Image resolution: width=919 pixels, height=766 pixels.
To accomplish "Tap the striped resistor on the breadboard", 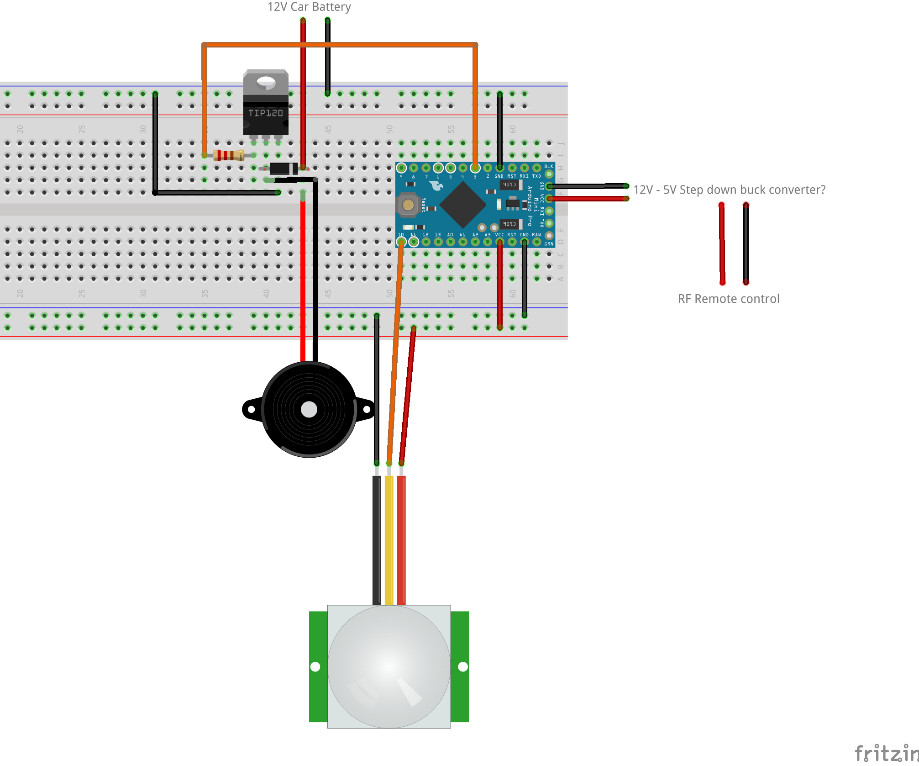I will [228, 155].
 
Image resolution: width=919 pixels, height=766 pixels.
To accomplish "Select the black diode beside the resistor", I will [284, 169].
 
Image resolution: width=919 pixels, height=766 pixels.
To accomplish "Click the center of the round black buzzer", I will [309, 409].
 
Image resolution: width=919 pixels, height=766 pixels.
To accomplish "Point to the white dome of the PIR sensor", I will [389, 666].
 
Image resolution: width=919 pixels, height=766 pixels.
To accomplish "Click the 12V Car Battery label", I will [309, 7].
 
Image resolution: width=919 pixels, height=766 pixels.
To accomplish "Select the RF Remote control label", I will [729, 299].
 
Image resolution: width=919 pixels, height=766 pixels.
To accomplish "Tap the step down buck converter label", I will [729, 190].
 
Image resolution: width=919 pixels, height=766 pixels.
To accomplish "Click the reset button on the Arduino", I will [408, 205].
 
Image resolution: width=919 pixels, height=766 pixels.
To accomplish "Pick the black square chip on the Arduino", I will [462, 205].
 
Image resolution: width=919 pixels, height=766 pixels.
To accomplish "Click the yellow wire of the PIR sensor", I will [389, 539].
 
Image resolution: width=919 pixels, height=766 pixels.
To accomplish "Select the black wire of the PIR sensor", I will [377, 539].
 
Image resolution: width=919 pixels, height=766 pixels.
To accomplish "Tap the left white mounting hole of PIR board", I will [315, 667].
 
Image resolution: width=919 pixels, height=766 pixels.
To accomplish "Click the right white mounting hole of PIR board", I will [463, 667].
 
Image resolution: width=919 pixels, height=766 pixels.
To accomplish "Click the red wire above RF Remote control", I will [722, 244].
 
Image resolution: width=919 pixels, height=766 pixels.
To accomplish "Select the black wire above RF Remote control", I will [746, 244].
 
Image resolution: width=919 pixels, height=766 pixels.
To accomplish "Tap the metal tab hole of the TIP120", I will [266, 82].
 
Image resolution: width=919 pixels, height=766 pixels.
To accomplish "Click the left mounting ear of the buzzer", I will [251, 409].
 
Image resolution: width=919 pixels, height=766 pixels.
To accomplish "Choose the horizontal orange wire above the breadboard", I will [340, 45].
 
